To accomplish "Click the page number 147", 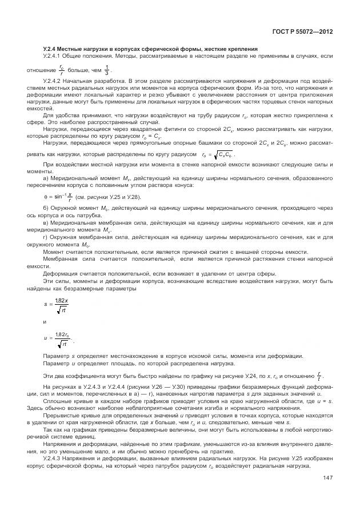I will pyautogui.click(x=328, y=478).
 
